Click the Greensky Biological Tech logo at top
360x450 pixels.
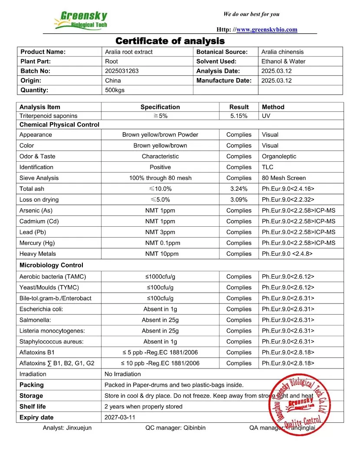pos(81,20)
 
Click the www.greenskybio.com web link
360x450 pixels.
pos(267,29)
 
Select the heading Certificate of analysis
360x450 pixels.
pos(170,41)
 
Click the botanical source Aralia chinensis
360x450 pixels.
pos(282,52)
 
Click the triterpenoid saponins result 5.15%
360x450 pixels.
pos(239,116)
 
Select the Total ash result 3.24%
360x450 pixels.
pos(239,189)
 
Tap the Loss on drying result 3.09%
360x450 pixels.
pos(239,199)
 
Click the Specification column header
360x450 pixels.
pos(160,107)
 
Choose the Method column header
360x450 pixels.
pos(273,107)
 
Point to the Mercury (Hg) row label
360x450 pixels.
pos(37,243)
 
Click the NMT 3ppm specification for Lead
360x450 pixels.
pos(160,232)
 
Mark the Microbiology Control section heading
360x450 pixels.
pos(51,265)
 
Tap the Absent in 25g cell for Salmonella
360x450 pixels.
pos(160,320)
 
